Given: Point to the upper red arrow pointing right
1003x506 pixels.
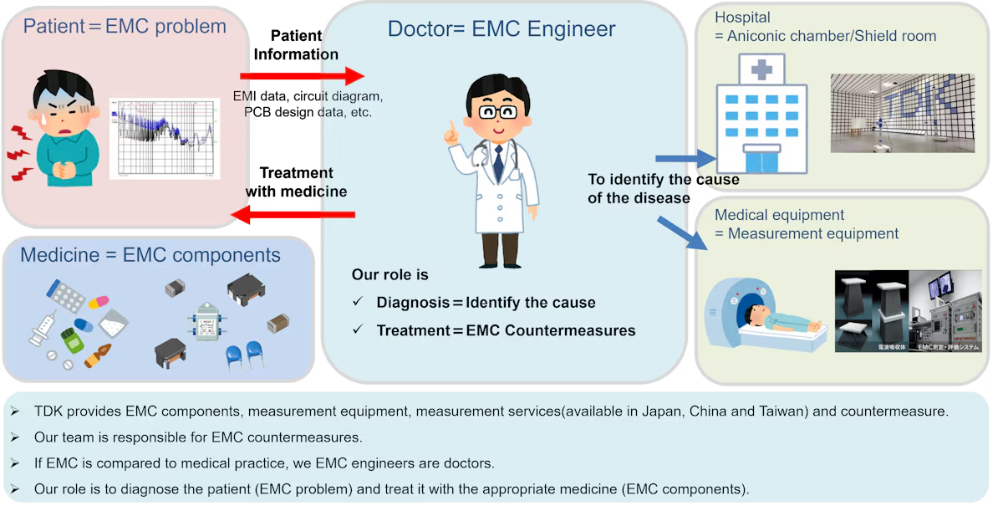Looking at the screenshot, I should coord(301,76).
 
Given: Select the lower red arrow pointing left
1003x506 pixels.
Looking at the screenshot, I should coord(293,217).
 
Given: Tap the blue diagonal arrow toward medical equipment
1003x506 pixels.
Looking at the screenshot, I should coord(683,233).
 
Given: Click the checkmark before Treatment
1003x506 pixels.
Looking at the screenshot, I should coord(357,330).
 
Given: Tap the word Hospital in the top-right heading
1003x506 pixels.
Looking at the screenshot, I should coord(742,18).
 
